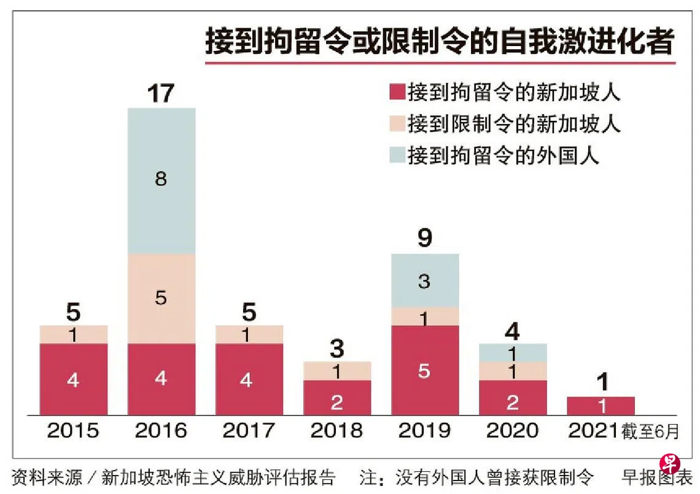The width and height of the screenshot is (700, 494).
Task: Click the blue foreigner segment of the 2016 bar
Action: click(161, 181)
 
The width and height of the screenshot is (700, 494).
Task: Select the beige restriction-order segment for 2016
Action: click(161, 299)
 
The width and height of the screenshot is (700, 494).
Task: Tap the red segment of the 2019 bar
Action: click(424, 370)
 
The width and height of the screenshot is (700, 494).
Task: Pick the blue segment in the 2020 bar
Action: click(513, 353)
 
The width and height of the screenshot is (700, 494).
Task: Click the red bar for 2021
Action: click(601, 406)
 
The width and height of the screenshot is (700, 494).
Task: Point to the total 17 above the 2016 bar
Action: click(161, 94)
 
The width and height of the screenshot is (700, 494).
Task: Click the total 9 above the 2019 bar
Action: click(424, 239)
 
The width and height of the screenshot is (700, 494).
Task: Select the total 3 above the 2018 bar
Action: click(336, 349)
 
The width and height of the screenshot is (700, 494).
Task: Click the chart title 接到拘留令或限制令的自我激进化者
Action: click(439, 43)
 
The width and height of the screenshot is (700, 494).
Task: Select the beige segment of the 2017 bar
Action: click(249, 334)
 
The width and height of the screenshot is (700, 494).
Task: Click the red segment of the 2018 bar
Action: click(336, 398)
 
